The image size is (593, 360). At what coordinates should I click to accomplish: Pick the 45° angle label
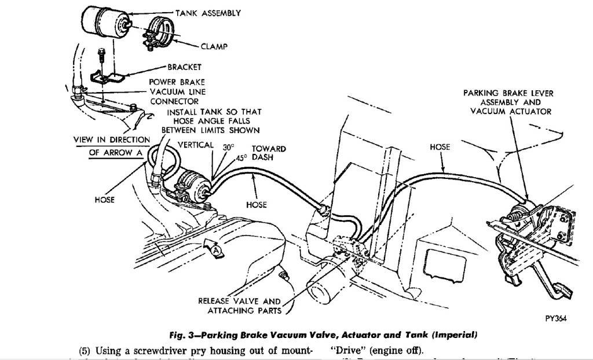click(241, 157)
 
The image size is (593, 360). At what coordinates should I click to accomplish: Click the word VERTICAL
click(196, 145)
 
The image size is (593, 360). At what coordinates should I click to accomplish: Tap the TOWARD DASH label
click(270, 153)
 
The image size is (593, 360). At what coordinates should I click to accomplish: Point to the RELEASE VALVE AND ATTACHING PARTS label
click(239, 306)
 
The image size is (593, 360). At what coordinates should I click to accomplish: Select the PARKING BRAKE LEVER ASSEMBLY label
click(508, 102)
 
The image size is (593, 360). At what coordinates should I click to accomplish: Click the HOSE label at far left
click(105, 200)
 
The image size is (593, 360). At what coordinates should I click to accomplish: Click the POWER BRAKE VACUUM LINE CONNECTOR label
click(177, 91)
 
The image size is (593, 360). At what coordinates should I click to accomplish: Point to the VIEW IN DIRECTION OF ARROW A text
click(111, 146)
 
